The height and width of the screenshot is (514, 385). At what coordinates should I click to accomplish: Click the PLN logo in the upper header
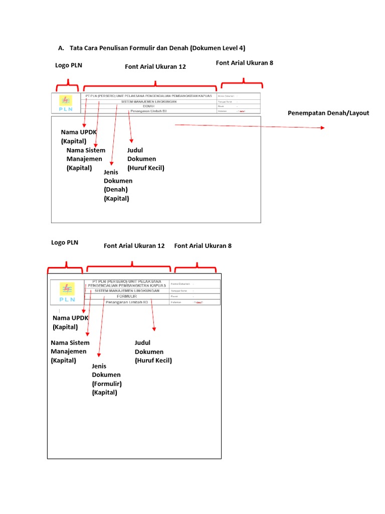click(65, 103)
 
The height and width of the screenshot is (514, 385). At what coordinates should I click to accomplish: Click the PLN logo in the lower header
click(67, 292)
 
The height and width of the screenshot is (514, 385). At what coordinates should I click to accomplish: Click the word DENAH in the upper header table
click(148, 106)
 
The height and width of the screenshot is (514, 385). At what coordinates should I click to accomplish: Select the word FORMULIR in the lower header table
click(127, 297)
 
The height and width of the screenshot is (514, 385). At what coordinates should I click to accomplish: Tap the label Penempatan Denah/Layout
click(328, 113)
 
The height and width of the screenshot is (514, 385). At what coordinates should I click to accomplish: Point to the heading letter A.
click(61, 48)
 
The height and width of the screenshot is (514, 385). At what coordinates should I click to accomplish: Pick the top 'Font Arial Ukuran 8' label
click(244, 63)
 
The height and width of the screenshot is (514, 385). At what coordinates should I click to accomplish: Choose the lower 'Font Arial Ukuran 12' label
click(134, 246)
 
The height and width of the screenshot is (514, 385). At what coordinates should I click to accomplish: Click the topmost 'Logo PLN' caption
click(69, 65)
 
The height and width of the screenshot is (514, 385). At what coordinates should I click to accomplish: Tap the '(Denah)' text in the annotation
click(116, 190)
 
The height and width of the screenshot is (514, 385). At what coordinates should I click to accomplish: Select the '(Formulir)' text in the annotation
click(107, 383)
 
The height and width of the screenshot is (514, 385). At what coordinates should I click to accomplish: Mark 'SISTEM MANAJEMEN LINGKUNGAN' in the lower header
click(127, 291)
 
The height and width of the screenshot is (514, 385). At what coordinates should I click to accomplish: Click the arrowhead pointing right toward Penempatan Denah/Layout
click(322, 128)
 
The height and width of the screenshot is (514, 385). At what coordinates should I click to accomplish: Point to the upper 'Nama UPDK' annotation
click(79, 132)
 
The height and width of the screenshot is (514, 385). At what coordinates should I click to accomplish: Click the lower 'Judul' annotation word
click(143, 343)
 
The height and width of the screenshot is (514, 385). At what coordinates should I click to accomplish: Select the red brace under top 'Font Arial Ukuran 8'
click(243, 83)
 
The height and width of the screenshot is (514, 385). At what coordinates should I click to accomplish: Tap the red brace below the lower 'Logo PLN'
click(65, 267)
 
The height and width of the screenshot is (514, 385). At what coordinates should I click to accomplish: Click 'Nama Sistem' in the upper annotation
click(86, 150)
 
